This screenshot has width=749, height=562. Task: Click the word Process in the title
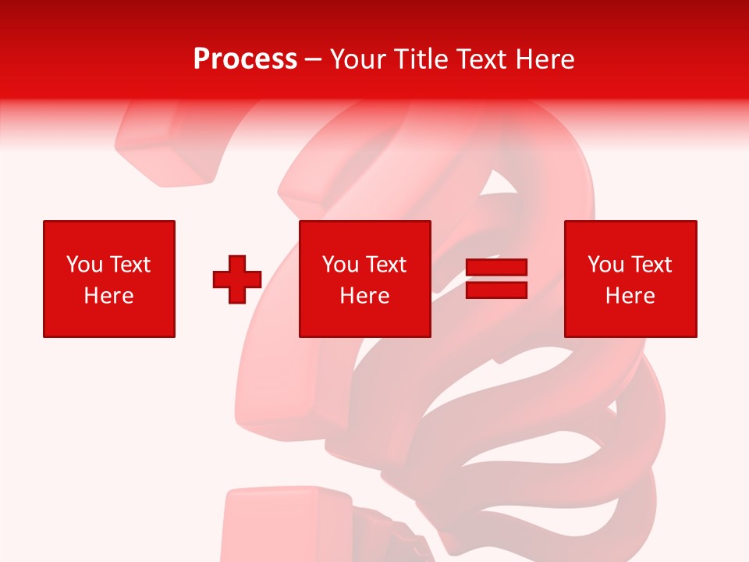click(245, 59)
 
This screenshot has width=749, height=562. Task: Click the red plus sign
click(237, 279)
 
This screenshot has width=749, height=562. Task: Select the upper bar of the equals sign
click(496, 268)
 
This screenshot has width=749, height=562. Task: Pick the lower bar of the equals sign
click(496, 290)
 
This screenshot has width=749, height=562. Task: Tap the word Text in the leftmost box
click(129, 265)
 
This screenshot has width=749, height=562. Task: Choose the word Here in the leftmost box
click(108, 296)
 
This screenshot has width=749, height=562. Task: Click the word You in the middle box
click(340, 265)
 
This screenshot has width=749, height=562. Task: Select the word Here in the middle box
click(364, 296)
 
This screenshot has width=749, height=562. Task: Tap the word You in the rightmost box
click(605, 265)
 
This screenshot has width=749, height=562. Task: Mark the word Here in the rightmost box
click(630, 296)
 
